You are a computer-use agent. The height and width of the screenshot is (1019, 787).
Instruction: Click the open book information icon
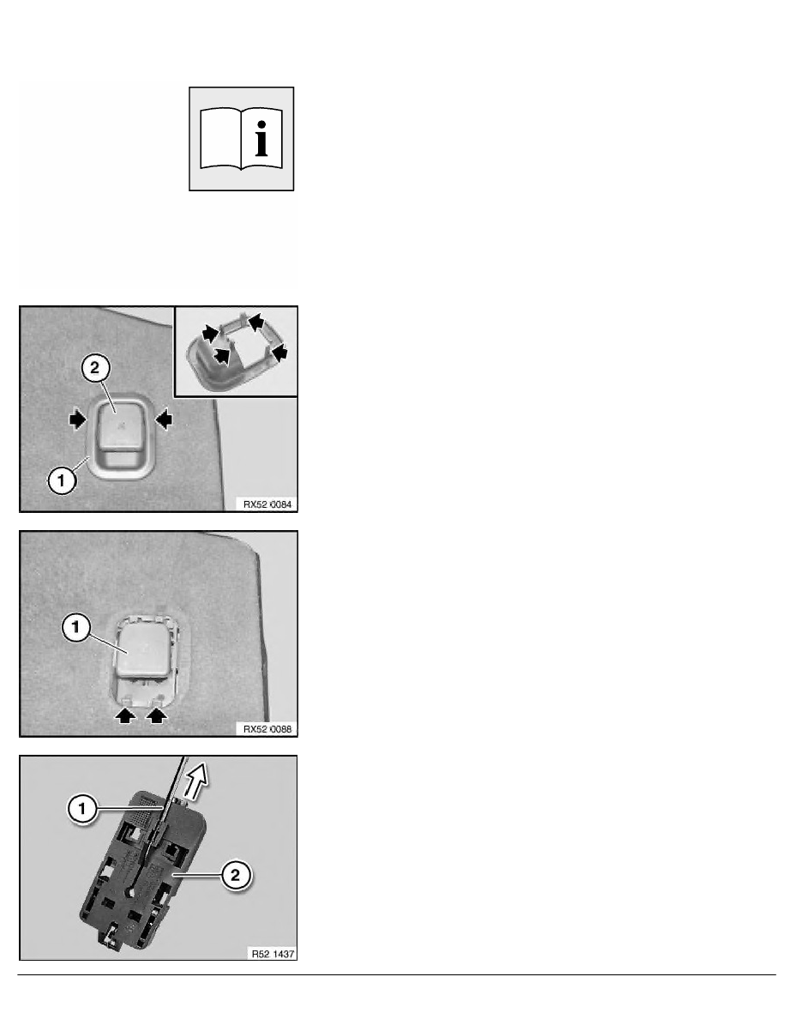(242, 139)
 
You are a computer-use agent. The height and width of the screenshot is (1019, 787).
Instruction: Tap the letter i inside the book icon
(261, 139)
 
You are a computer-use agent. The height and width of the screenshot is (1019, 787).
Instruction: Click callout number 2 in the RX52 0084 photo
(95, 368)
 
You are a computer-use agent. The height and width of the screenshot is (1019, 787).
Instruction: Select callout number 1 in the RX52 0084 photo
(62, 481)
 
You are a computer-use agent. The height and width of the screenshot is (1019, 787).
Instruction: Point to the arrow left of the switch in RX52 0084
(77, 419)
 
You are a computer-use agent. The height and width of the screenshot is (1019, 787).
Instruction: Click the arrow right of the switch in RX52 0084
(164, 419)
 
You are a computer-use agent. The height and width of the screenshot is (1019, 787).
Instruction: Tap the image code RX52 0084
(267, 504)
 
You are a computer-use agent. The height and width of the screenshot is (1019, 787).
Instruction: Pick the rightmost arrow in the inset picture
(279, 353)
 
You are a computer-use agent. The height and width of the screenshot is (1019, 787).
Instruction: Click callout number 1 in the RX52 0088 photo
(76, 628)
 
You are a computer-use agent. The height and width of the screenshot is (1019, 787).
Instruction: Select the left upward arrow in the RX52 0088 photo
(125, 715)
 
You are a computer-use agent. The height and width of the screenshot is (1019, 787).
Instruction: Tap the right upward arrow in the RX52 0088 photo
(156, 715)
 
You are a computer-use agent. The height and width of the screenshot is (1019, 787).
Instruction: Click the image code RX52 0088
(267, 729)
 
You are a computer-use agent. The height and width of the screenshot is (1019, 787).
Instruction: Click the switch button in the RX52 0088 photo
(146, 652)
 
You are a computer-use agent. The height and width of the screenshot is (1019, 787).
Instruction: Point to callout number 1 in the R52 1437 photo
(81, 809)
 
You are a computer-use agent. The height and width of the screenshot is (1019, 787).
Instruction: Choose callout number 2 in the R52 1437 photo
(235, 876)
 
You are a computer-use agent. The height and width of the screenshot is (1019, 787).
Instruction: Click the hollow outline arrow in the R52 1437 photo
(197, 781)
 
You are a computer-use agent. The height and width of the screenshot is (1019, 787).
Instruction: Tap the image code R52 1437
(273, 954)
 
